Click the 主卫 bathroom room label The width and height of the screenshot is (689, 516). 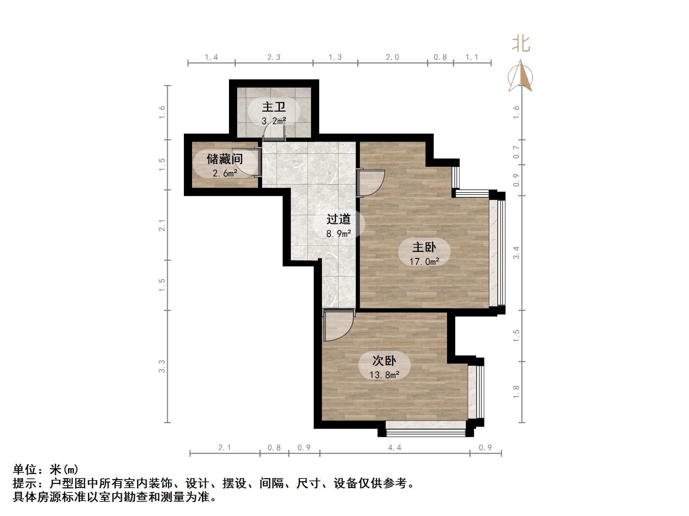click(274, 107)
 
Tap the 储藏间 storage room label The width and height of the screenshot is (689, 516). click(225, 159)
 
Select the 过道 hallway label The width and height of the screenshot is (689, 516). click(338, 219)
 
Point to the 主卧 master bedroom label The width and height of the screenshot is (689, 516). click(424, 247)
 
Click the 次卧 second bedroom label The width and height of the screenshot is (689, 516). click(384, 360)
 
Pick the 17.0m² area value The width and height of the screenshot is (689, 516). click(424, 262)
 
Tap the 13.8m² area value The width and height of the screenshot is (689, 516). click(384, 375)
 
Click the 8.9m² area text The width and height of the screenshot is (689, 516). click(338, 234)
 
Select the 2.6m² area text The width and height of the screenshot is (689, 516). click(225, 173)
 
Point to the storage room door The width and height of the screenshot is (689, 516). click(246, 162)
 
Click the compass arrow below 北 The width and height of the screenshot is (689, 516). click(520, 76)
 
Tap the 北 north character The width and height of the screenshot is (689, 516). click(521, 44)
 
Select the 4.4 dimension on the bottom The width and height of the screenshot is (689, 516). click(394, 447)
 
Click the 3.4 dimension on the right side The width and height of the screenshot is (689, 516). click(516, 253)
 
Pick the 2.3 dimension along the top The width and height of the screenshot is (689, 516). click(274, 57)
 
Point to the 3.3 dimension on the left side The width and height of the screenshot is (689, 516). click(162, 366)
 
